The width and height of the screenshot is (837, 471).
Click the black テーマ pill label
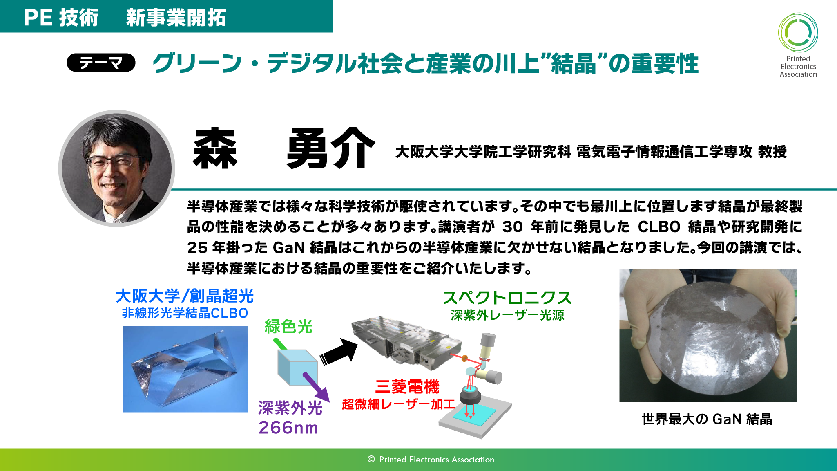(x=101, y=63)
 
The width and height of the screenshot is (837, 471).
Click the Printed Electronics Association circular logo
(x=798, y=32)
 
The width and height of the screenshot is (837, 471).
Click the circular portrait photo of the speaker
(x=117, y=168)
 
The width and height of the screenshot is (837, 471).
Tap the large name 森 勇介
(x=283, y=148)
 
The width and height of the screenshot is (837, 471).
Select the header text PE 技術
(x=61, y=18)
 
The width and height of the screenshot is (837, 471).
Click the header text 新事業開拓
(x=176, y=18)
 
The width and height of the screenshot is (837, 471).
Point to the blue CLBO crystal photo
(x=185, y=369)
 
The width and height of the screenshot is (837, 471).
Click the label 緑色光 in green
(x=288, y=327)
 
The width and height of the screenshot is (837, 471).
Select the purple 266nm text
(x=288, y=428)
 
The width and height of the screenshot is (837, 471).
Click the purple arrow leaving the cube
(x=316, y=387)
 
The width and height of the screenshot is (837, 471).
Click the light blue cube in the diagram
(x=297, y=368)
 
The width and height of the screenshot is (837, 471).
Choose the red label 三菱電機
(x=407, y=386)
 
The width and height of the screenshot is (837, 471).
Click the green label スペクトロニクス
(x=507, y=297)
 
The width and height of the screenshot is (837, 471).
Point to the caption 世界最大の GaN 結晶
(x=707, y=419)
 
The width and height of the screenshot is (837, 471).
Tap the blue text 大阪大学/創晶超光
(x=185, y=296)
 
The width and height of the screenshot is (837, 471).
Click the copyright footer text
(x=431, y=460)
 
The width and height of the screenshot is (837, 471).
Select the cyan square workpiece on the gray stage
(x=474, y=413)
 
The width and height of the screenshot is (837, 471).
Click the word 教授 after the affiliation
(x=772, y=152)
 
